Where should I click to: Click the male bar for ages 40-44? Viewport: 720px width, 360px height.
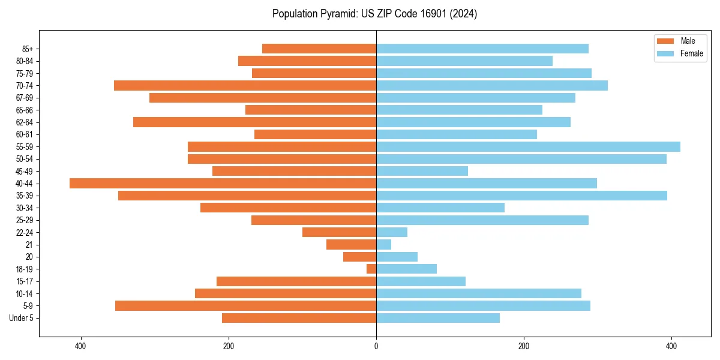pyautogui.click(x=223, y=184)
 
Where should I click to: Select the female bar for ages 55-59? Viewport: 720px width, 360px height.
pyautogui.click(x=528, y=147)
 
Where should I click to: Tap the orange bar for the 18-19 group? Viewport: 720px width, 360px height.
pyautogui.click(x=371, y=269)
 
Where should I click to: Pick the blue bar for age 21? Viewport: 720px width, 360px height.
pyautogui.click(x=384, y=245)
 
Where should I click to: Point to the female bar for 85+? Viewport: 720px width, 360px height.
pyautogui.click(x=482, y=49)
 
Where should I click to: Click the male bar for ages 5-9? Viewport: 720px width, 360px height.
pyautogui.click(x=245, y=306)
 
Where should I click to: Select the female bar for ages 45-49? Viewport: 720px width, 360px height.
pyautogui.click(x=422, y=171)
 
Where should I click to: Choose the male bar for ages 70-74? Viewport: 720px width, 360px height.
pyautogui.click(x=245, y=86)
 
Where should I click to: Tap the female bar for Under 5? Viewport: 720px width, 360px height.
pyautogui.click(x=438, y=318)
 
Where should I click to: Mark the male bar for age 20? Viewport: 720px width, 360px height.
pyautogui.click(x=359, y=257)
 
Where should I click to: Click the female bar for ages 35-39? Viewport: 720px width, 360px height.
pyautogui.click(x=521, y=196)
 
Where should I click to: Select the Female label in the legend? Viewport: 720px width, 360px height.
pyautogui.click(x=691, y=53)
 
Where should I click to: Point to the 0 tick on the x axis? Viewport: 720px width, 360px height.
pyautogui.click(x=376, y=346)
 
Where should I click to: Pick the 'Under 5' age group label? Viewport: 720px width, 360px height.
pyautogui.click(x=22, y=318)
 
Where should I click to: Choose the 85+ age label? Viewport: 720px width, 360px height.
pyautogui.click(x=28, y=49)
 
